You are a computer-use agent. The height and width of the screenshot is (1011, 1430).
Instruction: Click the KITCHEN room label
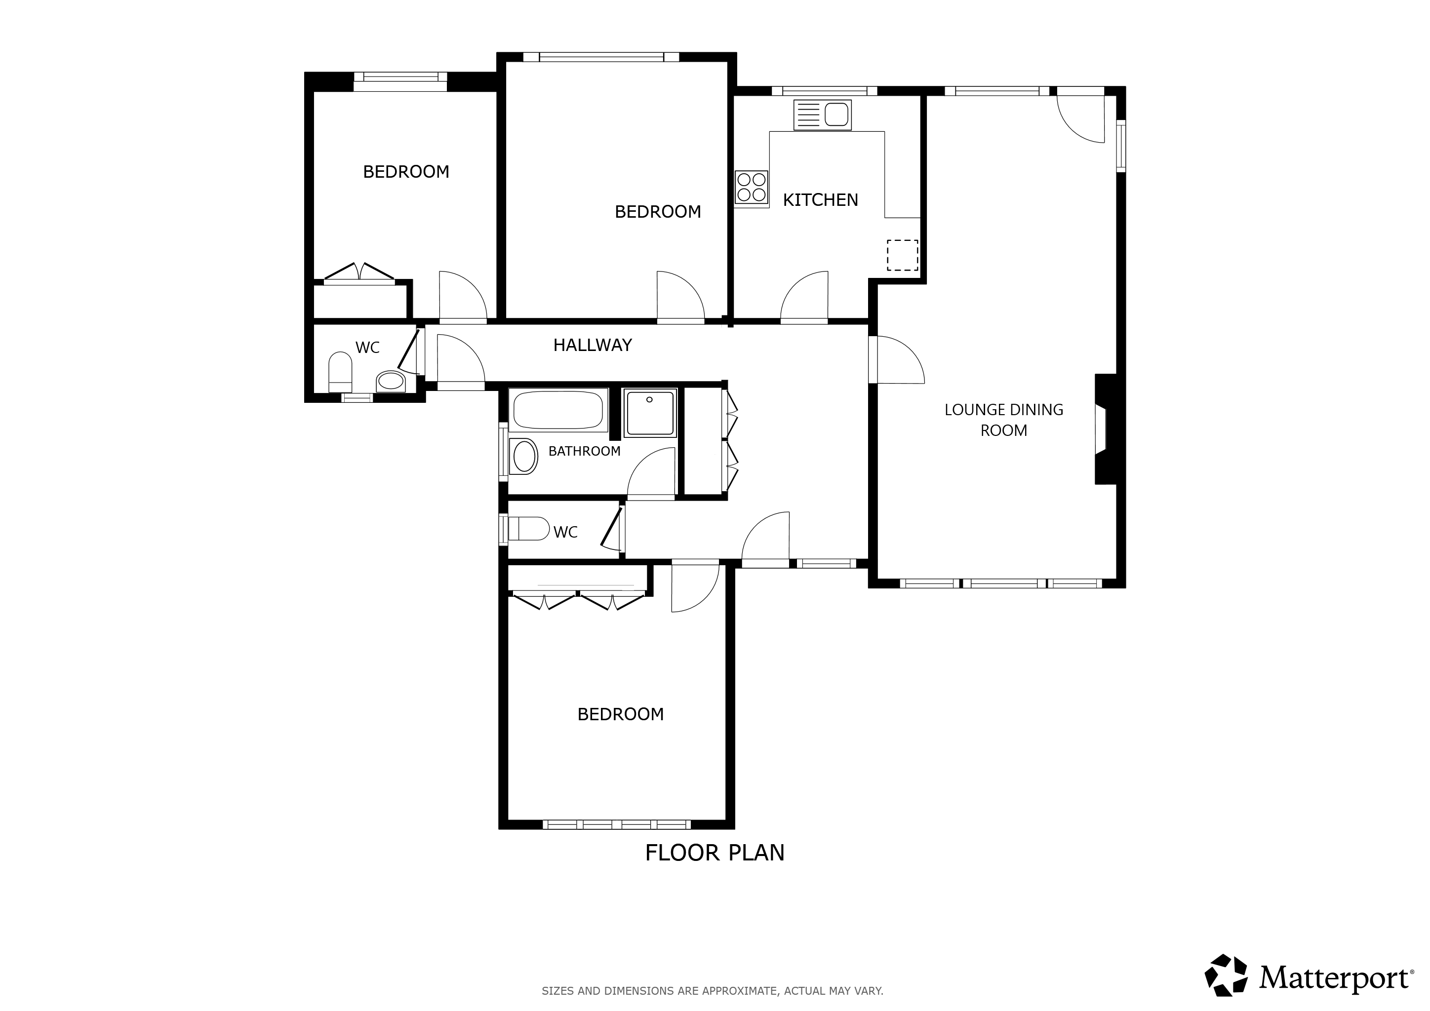pyautogui.click(x=820, y=200)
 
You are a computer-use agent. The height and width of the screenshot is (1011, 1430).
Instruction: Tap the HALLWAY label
pyautogui.click(x=593, y=345)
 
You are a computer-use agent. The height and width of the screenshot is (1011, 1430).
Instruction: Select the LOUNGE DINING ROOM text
pyautogui.click(x=1003, y=420)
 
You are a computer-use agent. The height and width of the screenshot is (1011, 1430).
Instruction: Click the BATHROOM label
pyautogui.click(x=584, y=451)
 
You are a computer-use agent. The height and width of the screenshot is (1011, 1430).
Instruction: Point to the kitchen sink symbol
pyautogui.click(x=822, y=115)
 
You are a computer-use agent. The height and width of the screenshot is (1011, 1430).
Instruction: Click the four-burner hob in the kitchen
pyautogui.click(x=751, y=188)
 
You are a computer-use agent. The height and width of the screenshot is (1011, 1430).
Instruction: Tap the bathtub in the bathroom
pyautogui.click(x=558, y=410)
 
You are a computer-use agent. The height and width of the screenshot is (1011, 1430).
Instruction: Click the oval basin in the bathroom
pyautogui.click(x=524, y=456)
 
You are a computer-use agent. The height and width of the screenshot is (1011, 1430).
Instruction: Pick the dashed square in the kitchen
pyautogui.click(x=903, y=255)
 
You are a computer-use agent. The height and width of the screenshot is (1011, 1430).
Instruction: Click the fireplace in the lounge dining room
pyautogui.click(x=1106, y=429)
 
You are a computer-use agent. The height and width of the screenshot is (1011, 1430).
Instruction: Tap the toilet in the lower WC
pyautogui.click(x=528, y=529)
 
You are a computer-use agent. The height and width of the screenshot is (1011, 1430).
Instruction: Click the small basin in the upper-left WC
pyautogui.click(x=391, y=381)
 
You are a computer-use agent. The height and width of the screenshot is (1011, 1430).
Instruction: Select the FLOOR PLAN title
pyautogui.click(x=715, y=853)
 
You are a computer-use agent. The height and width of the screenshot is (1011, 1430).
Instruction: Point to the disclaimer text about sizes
pyautogui.click(x=713, y=990)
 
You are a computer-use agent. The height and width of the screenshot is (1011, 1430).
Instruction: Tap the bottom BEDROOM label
pyautogui.click(x=620, y=714)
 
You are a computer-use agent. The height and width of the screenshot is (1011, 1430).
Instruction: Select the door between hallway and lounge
pyautogui.click(x=898, y=360)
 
